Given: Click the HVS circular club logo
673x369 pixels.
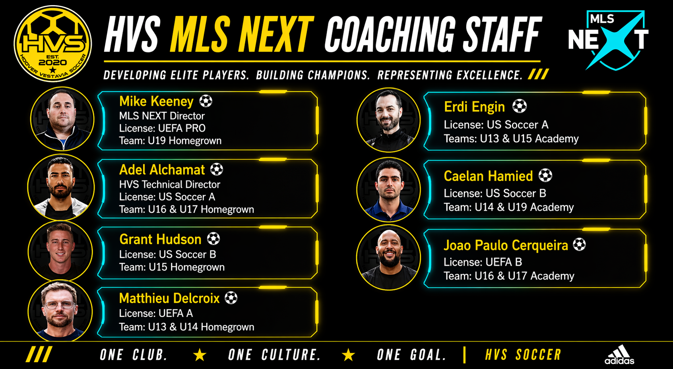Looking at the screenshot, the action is coord(53,44).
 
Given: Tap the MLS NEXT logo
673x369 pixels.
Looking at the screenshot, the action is coord(608,40).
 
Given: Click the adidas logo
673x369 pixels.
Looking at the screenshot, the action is coord(619,355).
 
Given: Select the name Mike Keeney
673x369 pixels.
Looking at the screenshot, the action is coord(156,101).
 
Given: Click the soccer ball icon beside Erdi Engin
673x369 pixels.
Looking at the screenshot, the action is coord(520,106).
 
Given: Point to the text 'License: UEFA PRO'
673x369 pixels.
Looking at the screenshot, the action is coord(162,128).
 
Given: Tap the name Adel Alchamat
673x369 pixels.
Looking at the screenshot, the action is coord(162,170).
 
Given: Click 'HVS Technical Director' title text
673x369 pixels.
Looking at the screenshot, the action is coord(170,184).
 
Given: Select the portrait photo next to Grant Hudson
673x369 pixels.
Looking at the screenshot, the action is coord(60,251).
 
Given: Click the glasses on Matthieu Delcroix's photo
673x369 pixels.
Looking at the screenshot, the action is coord(60,305).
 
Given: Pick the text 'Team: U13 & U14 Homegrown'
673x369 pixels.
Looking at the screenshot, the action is coord(186,326).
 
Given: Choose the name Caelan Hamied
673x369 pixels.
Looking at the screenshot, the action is coord(488,176).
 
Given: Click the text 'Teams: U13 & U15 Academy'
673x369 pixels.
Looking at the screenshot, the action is coord(511,139).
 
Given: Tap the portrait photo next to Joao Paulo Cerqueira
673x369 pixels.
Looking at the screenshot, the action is coord(388,258).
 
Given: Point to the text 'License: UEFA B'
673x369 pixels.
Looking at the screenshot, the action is coord(483,262).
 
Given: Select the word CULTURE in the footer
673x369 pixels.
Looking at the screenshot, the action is coord(291,355).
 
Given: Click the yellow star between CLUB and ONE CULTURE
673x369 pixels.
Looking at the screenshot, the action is coord(200,355).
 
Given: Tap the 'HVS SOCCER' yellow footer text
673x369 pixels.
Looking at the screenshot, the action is coord(523,355).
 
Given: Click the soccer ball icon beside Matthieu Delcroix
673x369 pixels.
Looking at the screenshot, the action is coord(231,298).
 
